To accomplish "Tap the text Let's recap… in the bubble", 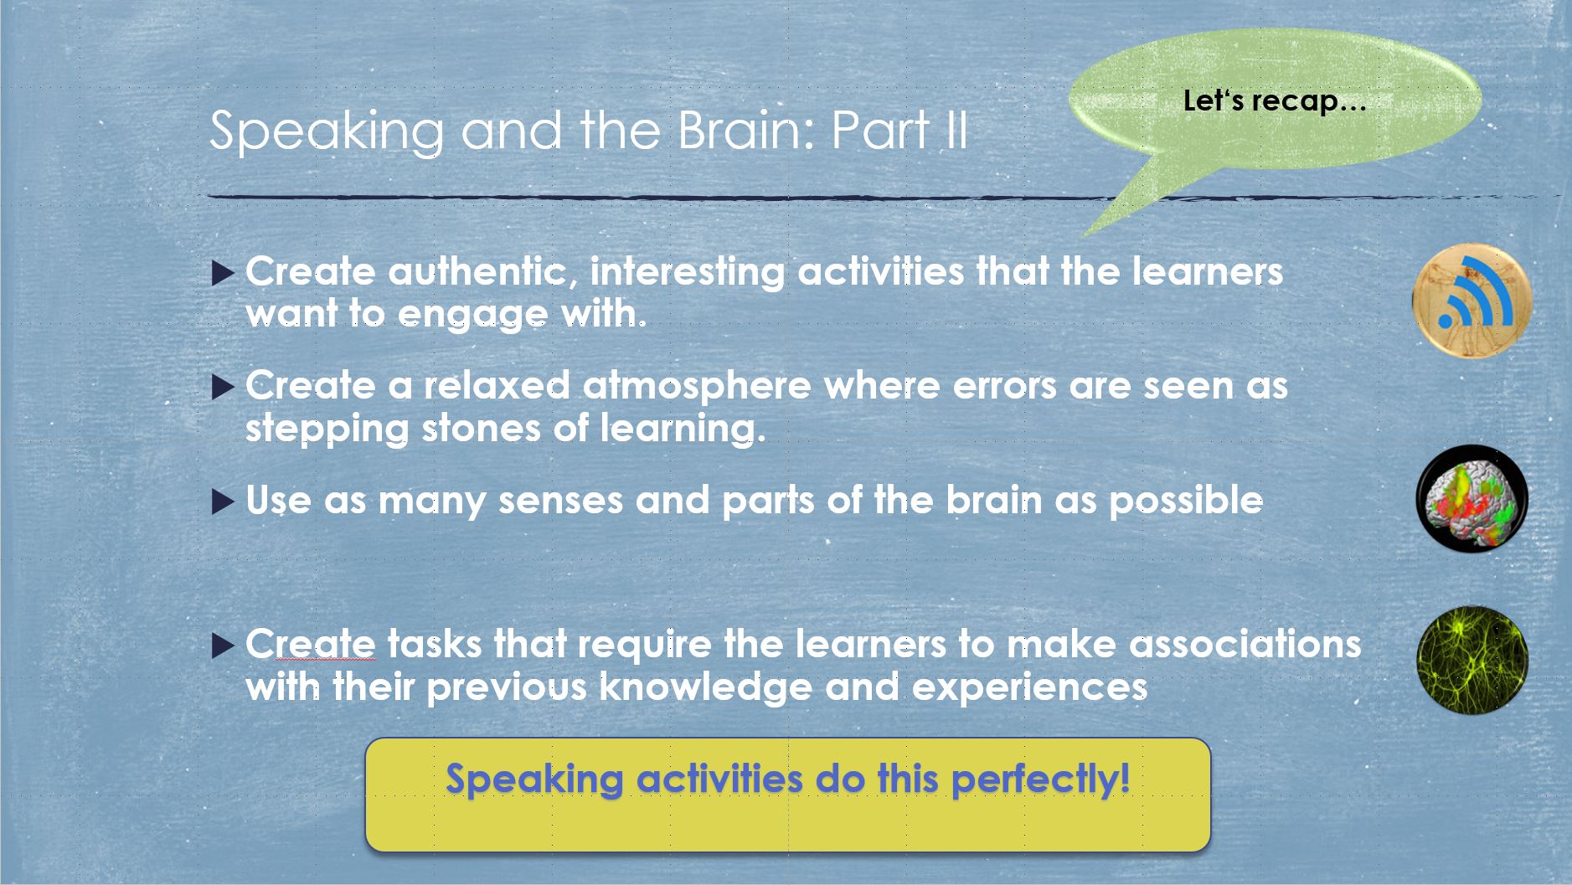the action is (x=1275, y=101).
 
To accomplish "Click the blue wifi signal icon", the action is (x=1472, y=300).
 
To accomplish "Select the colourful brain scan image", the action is (x=1472, y=499).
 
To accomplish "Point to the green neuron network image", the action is (x=1472, y=661).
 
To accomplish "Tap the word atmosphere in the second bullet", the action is (x=697, y=386).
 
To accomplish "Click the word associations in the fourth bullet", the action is (x=1245, y=644).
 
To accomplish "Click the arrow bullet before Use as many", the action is (x=223, y=502).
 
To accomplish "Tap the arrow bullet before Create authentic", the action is (x=223, y=274).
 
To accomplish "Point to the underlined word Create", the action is (x=311, y=644).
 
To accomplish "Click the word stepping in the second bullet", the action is (x=327, y=430).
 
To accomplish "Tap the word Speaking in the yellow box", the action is (x=534, y=780).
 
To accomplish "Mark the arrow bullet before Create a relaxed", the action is (x=223, y=388).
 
